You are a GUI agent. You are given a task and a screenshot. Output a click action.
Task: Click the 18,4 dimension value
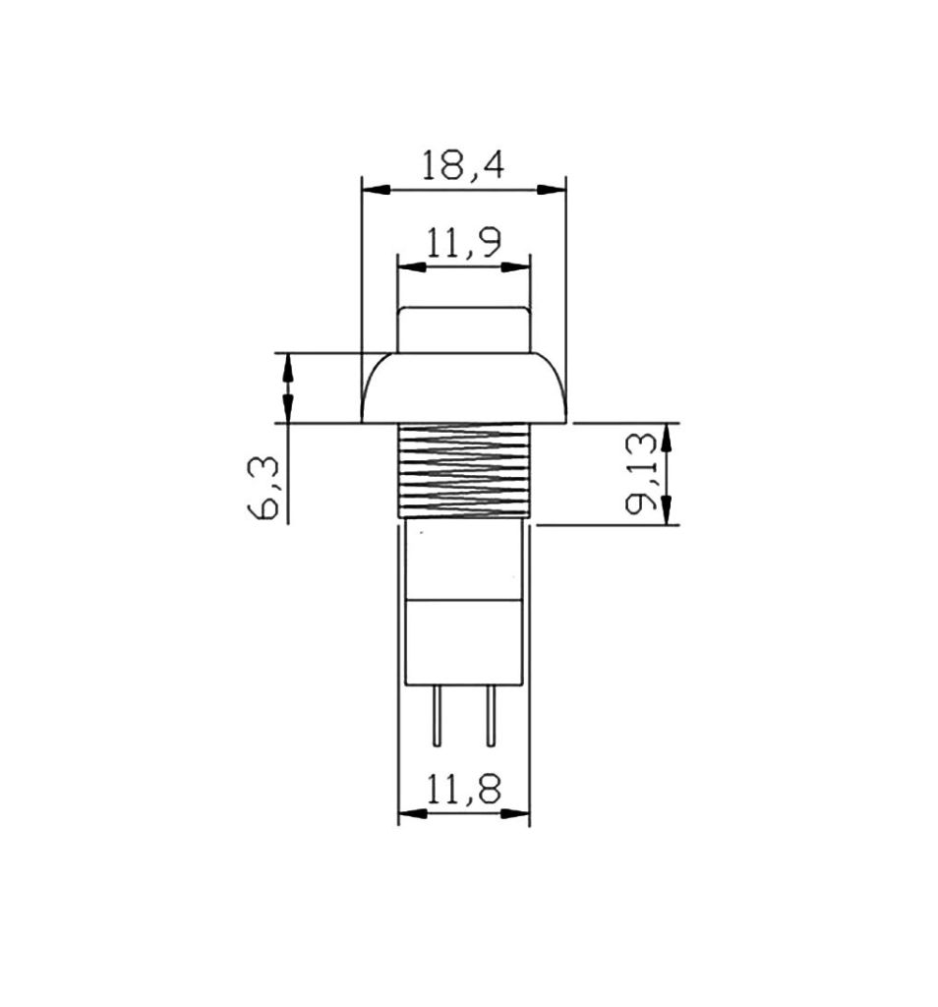pos(463,164)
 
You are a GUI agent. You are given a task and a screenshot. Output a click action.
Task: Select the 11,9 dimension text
pos(464,243)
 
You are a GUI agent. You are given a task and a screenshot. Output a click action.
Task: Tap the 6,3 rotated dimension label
pos(264,488)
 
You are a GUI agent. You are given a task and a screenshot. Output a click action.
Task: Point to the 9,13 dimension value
pos(641,473)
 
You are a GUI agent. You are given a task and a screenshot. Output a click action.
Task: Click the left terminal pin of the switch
pos(437,716)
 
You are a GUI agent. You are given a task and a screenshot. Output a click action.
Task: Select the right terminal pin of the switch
pos(491,716)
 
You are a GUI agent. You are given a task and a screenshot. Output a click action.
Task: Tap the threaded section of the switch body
pos(464,470)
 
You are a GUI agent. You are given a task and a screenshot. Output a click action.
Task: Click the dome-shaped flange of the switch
pos(464,387)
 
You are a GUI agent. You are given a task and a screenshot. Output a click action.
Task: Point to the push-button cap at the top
pos(464,329)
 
